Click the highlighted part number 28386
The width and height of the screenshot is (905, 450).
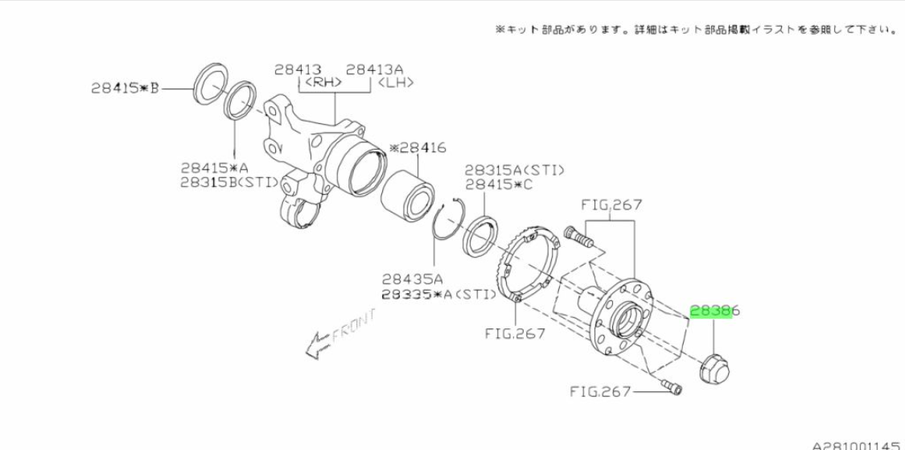[715, 312]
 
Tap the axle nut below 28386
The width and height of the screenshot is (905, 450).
[714, 367]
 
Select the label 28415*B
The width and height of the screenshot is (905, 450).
[125, 89]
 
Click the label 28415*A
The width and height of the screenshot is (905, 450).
[214, 168]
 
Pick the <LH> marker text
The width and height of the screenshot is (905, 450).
[395, 83]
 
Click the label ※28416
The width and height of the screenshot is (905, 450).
[418, 148]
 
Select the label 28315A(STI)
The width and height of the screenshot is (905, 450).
[515, 171]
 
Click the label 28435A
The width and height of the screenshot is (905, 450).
[411, 279]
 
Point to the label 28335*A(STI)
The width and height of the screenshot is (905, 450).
[438, 295]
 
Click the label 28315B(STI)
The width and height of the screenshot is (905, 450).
[230, 183]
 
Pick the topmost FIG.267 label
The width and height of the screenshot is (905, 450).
[611, 204]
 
